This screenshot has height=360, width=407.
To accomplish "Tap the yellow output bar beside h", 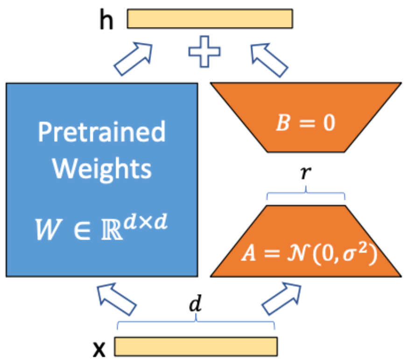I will coord(210,19).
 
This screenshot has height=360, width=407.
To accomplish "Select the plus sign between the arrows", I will coord(204,53).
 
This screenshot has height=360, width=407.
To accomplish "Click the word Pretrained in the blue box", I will coord(102,133).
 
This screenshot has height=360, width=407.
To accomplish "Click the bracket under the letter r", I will coord(306,195).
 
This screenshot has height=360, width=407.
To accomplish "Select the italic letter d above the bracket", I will coord(196,305).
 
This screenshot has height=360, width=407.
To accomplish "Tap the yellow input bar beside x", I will coord(196,346).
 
